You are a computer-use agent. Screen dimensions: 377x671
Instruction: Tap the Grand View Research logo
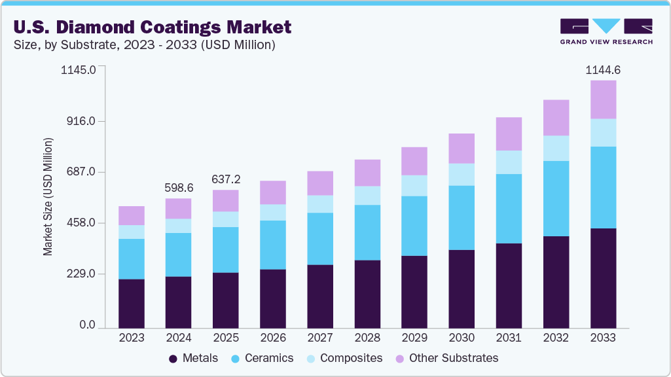coord(606,31)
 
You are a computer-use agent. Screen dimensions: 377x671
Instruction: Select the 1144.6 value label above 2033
coord(602,69)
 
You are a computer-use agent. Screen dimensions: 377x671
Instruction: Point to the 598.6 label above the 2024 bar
coord(178,188)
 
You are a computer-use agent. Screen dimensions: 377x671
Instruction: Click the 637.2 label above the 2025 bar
coord(225,179)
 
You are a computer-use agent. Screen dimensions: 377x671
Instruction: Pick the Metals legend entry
coord(190,358)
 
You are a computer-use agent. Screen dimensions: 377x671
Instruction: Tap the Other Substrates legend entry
coord(446,358)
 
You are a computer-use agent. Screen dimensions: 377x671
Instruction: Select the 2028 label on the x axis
coord(367,338)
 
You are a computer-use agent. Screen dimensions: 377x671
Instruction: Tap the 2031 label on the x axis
coord(509,338)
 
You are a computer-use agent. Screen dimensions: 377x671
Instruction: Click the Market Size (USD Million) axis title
coord(48,197)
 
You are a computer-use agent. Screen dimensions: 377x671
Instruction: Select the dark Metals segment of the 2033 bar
coord(603,278)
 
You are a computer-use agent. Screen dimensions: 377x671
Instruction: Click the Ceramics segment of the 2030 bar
coord(462,218)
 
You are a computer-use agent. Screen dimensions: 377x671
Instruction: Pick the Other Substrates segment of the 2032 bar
coord(556,118)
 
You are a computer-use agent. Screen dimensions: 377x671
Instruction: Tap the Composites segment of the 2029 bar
coord(414,185)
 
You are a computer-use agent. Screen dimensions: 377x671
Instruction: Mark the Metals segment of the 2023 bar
coord(132,304)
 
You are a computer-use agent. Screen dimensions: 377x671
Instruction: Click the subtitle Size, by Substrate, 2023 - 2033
coord(143,45)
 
